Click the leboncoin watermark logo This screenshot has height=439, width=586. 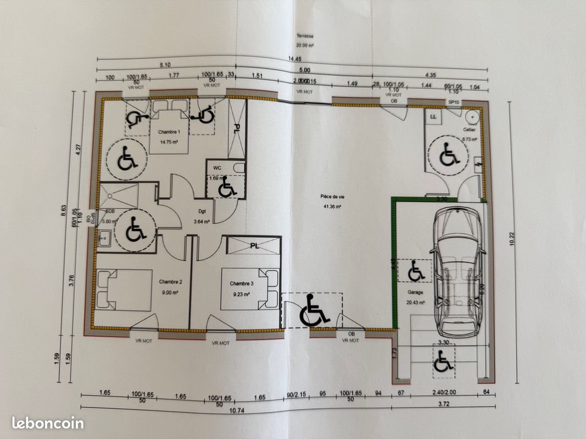click(48, 423)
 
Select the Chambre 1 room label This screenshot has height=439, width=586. click(169, 132)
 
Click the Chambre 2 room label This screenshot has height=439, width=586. click(170, 282)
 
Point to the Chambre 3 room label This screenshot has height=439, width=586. click(242, 284)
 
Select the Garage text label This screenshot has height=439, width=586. click(415, 293)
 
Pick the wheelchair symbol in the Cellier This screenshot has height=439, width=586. click(449, 155)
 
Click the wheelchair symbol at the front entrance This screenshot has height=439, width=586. click(314, 311)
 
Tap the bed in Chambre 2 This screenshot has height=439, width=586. click(125, 290)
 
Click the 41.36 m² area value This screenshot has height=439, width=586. click(332, 207)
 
